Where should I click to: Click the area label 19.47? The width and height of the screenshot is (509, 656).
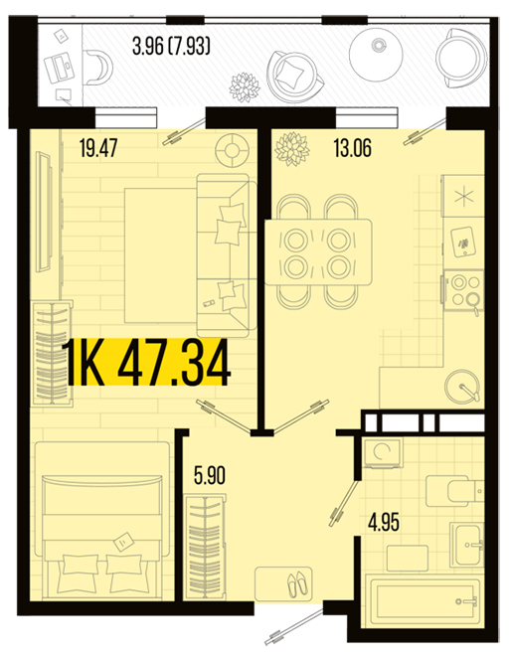tap(98, 148)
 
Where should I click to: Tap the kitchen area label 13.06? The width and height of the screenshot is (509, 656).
tap(353, 148)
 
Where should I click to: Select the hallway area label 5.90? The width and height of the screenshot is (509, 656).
tap(210, 475)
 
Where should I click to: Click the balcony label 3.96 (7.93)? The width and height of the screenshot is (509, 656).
tap(171, 46)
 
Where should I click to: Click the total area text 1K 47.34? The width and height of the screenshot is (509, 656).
tap(146, 362)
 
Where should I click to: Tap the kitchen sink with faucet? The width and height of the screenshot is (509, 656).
tap(462, 386)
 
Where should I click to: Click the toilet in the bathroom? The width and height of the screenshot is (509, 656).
tap(454, 490)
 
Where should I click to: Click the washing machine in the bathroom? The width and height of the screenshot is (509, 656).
tap(382, 452)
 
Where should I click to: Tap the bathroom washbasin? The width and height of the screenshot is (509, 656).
tap(466, 544)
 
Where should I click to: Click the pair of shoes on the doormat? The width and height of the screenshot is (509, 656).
tap(296, 584)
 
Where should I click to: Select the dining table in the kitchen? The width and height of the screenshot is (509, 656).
tap(318, 252)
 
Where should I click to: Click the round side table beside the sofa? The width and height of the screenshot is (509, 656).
tap(232, 150)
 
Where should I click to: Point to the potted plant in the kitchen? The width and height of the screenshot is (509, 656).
tap(292, 149)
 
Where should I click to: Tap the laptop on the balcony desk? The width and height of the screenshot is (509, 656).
tap(60, 67)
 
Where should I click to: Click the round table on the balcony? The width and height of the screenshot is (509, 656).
tap(376, 53)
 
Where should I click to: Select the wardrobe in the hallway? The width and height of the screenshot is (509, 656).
tap(205, 546)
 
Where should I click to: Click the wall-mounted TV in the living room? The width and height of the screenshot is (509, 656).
tap(44, 212)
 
